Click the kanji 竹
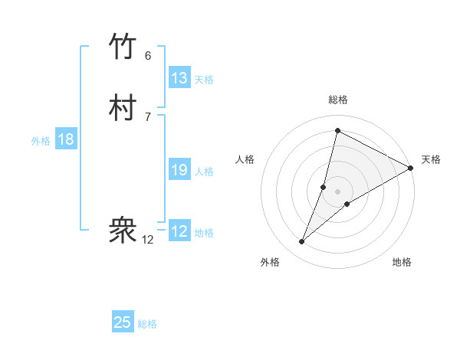[x=123, y=47]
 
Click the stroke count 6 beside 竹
[x=148, y=56]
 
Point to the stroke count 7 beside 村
[x=148, y=116]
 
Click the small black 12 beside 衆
[x=148, y=240]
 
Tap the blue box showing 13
[x=179, y=78]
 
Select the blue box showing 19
[x=179, y=170]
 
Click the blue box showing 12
[x=179, y=231]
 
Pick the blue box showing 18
[x=66, y=139]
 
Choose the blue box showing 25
[x=123, y=322]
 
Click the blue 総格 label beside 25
[x=147, y=324]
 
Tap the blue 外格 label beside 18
[x=41, y=141]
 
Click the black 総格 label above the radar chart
[x=338, y=100]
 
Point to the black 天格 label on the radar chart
[x=431, y=159]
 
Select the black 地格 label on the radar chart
[x=402, y=263]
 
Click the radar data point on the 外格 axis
[x=302, y=242]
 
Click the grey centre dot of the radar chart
[x=337, y=191]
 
